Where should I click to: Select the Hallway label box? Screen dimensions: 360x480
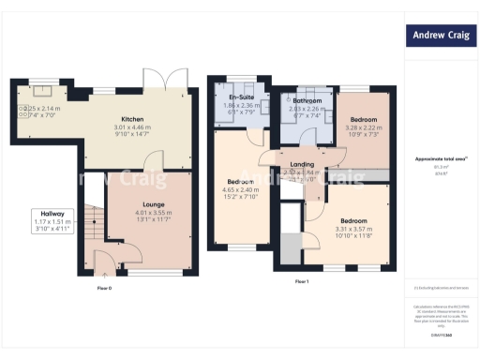(x=46, y=220)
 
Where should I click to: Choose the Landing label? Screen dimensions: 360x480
(x=302, y=165)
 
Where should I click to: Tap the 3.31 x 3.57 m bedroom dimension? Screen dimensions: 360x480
(x=355, y=230)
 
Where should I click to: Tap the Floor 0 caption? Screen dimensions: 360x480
(x=103, y=288)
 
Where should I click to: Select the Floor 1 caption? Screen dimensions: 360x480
(x=302, y=281)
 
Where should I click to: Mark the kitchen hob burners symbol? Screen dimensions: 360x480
(x=20, y=112)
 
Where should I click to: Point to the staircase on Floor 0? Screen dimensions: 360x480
(x=90, y=225)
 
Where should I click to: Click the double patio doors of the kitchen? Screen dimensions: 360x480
(x=160, y=78)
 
